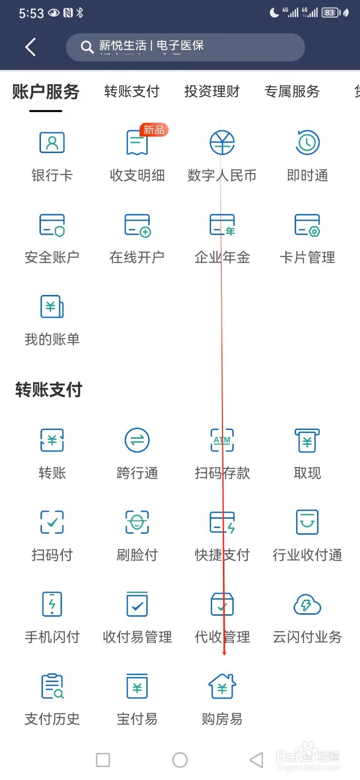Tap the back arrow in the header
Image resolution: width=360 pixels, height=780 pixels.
[30, 47]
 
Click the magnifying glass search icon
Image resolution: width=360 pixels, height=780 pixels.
[87, 47]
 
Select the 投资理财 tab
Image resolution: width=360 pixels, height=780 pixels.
[212, 91]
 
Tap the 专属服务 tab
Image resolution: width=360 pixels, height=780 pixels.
[292, 91]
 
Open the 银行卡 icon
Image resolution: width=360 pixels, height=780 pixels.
[52, 143]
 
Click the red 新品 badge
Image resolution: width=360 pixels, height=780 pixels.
[154, 130]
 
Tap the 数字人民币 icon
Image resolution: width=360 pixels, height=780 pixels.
[222, 143]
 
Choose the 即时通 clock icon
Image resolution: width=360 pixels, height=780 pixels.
[307, 143]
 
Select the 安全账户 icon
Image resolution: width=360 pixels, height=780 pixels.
[52, 225]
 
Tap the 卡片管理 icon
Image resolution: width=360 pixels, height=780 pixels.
[307, 225]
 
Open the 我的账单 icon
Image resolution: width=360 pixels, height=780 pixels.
[52, 307]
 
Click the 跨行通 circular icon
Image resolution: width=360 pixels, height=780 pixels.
[137, 440]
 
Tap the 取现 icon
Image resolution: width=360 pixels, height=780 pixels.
[307, 440]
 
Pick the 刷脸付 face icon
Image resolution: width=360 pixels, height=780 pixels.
[137, 522]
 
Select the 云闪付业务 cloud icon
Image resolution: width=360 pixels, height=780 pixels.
[307, 604]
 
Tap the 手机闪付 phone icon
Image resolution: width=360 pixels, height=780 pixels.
[52, 604]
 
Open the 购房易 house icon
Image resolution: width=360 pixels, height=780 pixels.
[222, 686]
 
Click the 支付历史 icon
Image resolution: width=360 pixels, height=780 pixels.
[52, 686]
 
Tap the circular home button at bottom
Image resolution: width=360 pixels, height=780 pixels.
[180, 760]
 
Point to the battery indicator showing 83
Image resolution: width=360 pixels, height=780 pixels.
[330, 13]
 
